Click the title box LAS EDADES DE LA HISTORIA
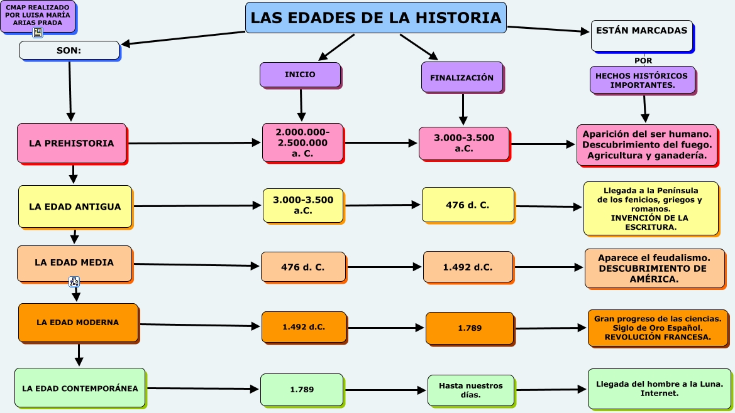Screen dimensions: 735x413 [375, 18]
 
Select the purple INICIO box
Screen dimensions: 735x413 [300, 75]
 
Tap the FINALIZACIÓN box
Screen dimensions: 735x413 [462, 77]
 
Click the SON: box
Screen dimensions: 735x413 [69, 50]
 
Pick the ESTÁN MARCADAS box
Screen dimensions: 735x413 [641, 36]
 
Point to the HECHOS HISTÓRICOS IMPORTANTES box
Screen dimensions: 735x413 [641, 80]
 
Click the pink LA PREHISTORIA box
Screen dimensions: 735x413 [72, 143]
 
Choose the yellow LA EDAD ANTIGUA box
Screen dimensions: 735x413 [75, 206]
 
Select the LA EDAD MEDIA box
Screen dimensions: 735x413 [74, 263]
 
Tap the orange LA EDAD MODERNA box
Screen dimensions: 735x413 [77, 323]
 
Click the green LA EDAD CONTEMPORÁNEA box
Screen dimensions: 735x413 [80, 389]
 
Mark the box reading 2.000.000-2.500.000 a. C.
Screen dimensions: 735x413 [302, 142]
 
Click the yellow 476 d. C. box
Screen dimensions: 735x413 [467, 205]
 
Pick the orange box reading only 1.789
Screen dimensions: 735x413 [468, 328]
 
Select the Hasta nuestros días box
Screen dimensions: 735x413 [470, 390]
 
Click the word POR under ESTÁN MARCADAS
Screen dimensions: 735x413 [643, 61]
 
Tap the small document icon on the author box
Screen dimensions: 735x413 [38, 33]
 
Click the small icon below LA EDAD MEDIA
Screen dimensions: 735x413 [74, 281]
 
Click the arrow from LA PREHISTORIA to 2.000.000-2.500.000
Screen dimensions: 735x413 [194, 143]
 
